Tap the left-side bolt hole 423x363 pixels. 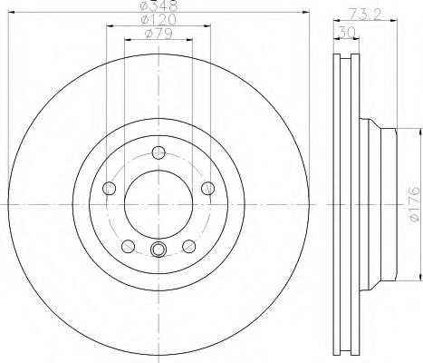point(110,187)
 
